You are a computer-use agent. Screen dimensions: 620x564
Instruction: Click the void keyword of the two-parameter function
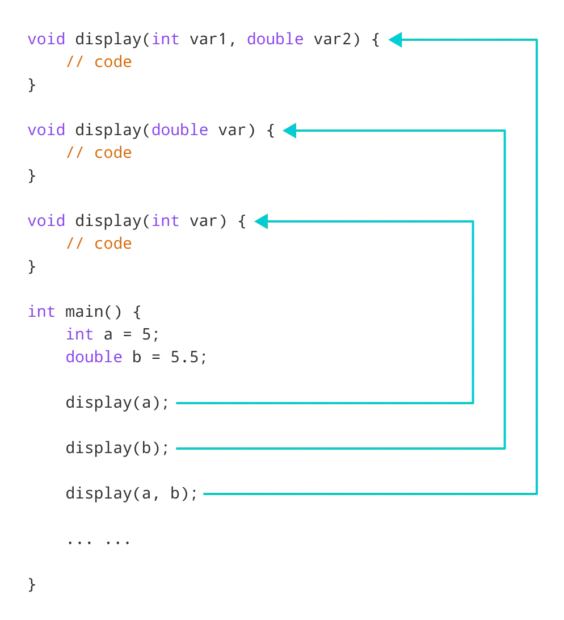pyautogui.click(x=46, y=39)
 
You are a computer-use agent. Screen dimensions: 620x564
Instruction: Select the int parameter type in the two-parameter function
pyautogui.click(x=166, y=39)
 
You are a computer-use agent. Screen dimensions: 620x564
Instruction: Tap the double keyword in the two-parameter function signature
pyautogui.click(x=275, y=39)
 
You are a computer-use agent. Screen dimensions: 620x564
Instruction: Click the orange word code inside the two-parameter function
pyautogui.click(x=113, y=62)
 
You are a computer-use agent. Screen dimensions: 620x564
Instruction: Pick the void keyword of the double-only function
pyautogui.click(x=46, y=130)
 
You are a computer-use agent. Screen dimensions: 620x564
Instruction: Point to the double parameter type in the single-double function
pyautogui.click(x=179, y=130)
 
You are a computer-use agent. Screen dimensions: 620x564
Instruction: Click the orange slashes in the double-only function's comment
pyautogui.click(x=74, y=153)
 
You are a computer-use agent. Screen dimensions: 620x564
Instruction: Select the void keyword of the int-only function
pyautogui.click(x=46, y=220)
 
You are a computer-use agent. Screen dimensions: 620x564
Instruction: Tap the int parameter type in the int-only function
pyautogui.click(x=166, y=220)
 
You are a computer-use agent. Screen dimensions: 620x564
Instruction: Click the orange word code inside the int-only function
pyautogui.click(x=113, y=244)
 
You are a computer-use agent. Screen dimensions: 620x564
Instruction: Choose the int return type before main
pyautogui.click(x=41, y=311)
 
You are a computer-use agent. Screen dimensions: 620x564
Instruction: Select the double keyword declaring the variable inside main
pyautogui.click(x=93, y=357)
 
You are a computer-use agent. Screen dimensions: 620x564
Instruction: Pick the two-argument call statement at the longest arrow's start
pyautogui.click(x=130, y=493)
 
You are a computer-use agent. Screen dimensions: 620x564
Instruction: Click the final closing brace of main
pyautogui.click(x=32, y=585)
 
